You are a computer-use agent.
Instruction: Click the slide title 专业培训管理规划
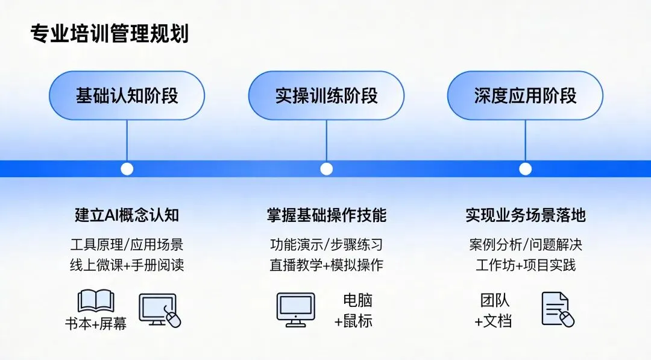pyautogui.click(x=109, y=34)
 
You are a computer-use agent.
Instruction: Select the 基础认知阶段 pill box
pyautogui.click(x=127, y=95)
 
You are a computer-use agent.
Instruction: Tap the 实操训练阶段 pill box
pyautogui.click(x=326, y=95)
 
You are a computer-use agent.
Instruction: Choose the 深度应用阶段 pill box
pyautogui.click(x=525, y=95)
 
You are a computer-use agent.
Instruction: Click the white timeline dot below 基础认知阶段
pyautogui.click(x=127, y=169)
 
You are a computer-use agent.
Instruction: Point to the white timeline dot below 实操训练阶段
pyautogui.click(x=326, y=169)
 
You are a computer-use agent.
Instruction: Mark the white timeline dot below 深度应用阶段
pyautogui.click(x=525, y=169)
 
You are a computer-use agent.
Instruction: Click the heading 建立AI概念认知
pyautogui.click(x=127, y=215)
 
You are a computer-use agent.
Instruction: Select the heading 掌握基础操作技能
pyautogui.click(x=326, y=215)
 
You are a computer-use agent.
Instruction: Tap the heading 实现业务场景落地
pyautogui.click(x=525, y=215)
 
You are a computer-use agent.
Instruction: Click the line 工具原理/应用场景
pyautogui.click(x=127, y=245)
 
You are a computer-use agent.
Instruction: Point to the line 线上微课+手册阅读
pyautogui.click(x=127, y=265)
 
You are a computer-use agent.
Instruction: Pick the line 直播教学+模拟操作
pyautogui.click(x=326, y=265)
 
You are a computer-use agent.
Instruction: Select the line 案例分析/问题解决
pyautogui.click(x=525, y=245)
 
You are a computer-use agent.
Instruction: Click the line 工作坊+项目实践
pyautogui.click(x=525, y=265)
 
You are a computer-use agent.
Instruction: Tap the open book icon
pyautogui.click(x=96, y=302)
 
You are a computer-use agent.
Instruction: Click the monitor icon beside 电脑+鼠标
pyautogui.click(x=295, y=309)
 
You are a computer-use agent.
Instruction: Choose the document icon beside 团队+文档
pyautogui.click(x=556, y=309)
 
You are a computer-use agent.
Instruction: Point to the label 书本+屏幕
pyautogui.click(x=96, y=323)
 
